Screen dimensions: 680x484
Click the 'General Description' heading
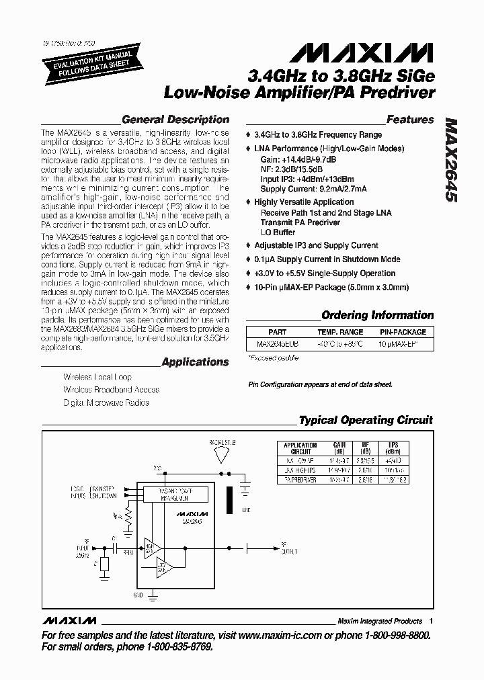pos(175,120)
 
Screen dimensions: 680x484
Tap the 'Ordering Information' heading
pos(377,315)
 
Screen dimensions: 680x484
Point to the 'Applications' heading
pos(196,362)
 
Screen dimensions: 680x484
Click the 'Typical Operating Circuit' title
pos(366,421)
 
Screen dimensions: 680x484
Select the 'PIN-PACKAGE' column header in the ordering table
pos(403,332)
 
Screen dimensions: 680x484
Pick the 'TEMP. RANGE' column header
pos(341,332)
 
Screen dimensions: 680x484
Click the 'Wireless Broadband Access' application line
pos(112,390)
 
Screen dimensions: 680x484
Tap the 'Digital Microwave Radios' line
pos(106,402)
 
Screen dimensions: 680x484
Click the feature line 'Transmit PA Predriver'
pos(300,222)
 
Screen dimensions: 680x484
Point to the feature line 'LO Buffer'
pos(278,232)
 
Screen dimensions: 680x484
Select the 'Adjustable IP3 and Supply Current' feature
pos(316,246)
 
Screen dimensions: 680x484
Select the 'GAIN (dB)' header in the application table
pos(339,448)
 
